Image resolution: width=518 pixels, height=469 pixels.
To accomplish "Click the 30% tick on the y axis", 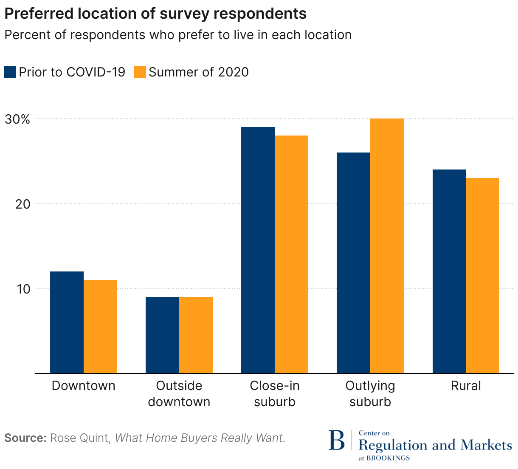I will tap(17, 119).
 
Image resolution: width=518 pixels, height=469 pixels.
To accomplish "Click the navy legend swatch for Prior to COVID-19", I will tap(10, 72).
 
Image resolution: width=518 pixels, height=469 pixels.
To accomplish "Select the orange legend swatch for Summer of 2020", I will tap(140, 72).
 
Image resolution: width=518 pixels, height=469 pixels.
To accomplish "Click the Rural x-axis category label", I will tap(466, 386).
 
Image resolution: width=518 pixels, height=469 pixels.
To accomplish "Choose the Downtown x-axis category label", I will tap(83, 386).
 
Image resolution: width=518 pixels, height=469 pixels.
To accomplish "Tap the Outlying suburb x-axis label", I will tap(370, 394).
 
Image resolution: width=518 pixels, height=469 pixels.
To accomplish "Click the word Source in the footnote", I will tap(25, 438).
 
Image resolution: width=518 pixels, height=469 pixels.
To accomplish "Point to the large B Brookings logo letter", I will tap(337, 441).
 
